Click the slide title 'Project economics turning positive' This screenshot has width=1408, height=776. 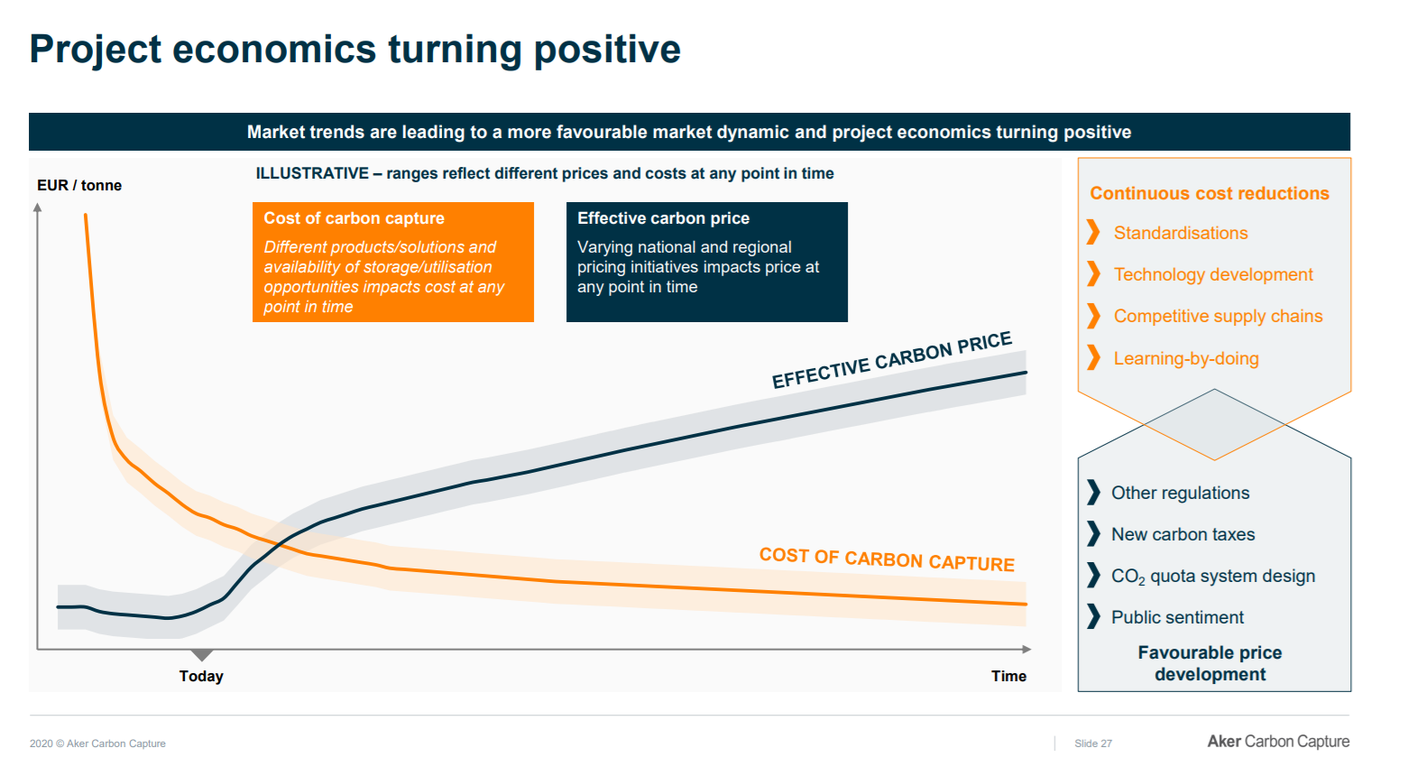click(354, 50)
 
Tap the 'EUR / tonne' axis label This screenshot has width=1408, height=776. click(79, 185)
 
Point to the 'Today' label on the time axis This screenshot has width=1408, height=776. click(201, 676)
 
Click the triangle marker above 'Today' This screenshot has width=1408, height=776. click(202, 654)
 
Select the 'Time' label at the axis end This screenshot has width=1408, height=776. click(1008, 676)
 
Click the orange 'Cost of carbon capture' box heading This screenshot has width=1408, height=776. click(354, 218)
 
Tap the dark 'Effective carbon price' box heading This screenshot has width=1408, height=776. click(663, 218)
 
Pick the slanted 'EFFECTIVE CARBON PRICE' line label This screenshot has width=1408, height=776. click(891, 360)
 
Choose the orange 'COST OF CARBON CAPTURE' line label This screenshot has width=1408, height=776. click(887, 559)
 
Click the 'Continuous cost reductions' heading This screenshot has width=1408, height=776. click(1210, 193)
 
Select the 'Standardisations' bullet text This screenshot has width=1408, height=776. click(1181, 233)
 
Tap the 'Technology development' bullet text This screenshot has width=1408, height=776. click(1213, 274)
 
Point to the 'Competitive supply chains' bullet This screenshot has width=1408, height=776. click(1218, 316)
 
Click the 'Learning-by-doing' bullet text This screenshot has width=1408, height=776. click(1186, 358)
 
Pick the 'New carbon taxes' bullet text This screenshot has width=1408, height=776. click(1183, 534)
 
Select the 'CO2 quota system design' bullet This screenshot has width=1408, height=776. click(1213, 576)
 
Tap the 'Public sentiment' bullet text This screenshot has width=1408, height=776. click(1177, 617)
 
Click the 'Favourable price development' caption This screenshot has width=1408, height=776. click(1210, 663)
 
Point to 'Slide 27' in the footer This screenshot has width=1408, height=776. click(1093, 744)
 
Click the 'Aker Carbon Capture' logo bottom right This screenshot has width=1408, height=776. click(1278, 741)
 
